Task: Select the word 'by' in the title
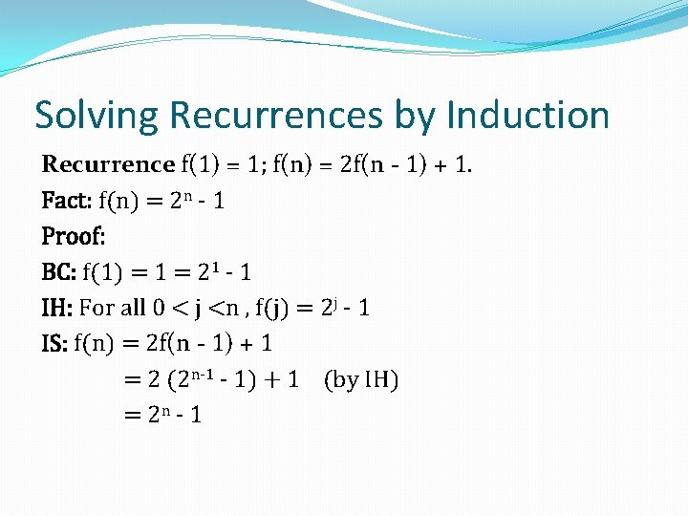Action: pyautogui.click(x=414, y=117)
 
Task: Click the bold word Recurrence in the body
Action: pyautogui.click(x=108, y=164)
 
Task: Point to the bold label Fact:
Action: pyautogui.click(x=67, y=201)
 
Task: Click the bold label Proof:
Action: pyautogui.click(x=73, y=236)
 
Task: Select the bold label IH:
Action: pyautogui.click(x=57, y=308)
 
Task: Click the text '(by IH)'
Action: pyautogui.click(x=361, y=379)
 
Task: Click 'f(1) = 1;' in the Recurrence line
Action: pyautogui.click(x=225, y=164)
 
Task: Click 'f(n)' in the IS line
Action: pyautogui.click(x=95, y=343)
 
